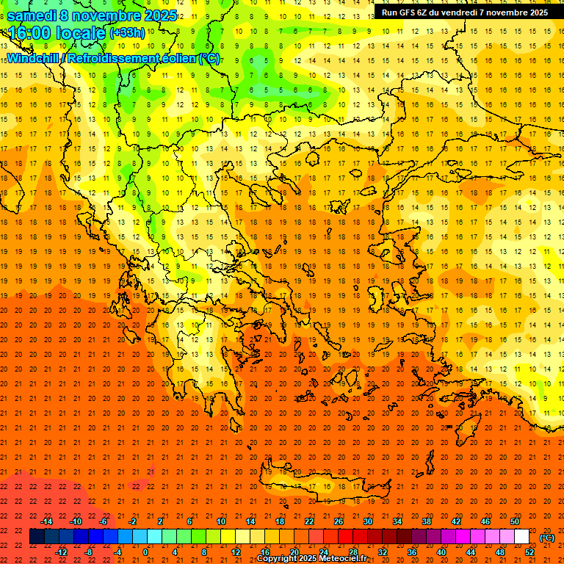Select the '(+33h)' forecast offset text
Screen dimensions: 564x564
tap(128, 33)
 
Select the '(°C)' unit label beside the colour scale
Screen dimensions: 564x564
tap(547, 538)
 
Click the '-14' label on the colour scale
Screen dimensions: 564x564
tap(47, 521)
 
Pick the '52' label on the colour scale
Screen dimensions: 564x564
tap(529, 552)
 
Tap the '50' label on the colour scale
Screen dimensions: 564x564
tap(515, 521)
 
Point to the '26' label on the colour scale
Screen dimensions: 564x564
tap(339, 521)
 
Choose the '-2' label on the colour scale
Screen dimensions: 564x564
tap(133, 521)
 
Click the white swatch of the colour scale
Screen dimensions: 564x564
tap(521, 537)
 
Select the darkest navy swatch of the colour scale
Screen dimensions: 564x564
tap(37, 537)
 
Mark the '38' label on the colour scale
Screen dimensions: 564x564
tap(427, 521)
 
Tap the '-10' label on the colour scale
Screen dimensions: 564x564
tap(76, 521)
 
